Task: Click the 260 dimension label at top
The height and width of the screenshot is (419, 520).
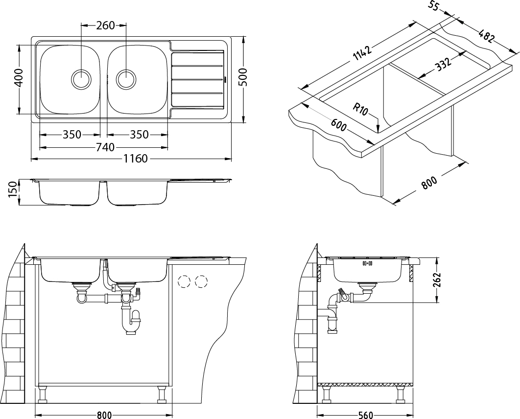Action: pyautogui.click(x=105, y=25)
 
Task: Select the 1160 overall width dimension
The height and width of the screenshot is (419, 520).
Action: pyautogui.click(x=135, y=159)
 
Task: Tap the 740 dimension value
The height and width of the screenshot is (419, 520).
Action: pyautogui.click(x=105, y=147)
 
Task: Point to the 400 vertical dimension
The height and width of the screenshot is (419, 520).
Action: pyautogui.click(x=19, y=77)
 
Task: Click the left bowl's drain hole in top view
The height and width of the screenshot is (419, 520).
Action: pyautogui.click(x=81, y=79)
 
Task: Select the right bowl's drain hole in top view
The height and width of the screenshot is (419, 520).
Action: pyautogui.click(x=126, y=79)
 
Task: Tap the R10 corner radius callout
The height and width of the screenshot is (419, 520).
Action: pyautogui.click(x=360, y=109)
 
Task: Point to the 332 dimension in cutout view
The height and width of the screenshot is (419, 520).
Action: pyautogui.click(x=444, y=65)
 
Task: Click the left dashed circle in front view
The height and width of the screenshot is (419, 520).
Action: pyautogui.click(x=184, y=281)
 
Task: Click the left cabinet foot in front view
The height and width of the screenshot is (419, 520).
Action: pyautogui.click(x=43, y=394)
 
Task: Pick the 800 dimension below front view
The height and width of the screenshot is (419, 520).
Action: pyautogui.click(x=104, y=415)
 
